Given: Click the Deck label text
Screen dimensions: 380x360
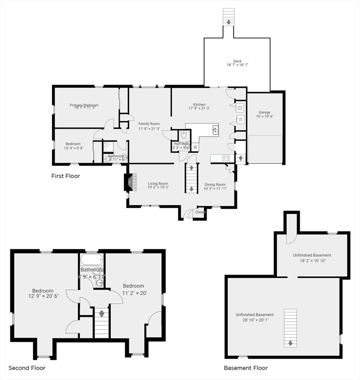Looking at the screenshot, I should click(237, 61).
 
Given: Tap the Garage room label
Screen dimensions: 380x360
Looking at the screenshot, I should click(264, 112).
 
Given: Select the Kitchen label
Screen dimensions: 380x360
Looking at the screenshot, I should click(199, 104).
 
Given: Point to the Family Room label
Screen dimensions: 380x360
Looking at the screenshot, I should click(149, 124).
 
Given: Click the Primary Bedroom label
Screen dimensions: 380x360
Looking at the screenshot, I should click(84, 105).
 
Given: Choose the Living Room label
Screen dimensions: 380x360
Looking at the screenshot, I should click(158, 184).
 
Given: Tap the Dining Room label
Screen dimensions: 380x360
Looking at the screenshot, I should click(215, 185).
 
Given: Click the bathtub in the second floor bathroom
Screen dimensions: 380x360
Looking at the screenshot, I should click(91, 260).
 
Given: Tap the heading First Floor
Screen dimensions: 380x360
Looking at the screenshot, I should click(65, 176).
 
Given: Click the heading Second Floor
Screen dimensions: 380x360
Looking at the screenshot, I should click(27, 368).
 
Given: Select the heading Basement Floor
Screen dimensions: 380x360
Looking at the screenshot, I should click(246, 368).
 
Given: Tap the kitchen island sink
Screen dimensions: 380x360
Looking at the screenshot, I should click(216, 130).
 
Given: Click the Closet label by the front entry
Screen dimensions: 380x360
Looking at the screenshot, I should click(200, 212).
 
